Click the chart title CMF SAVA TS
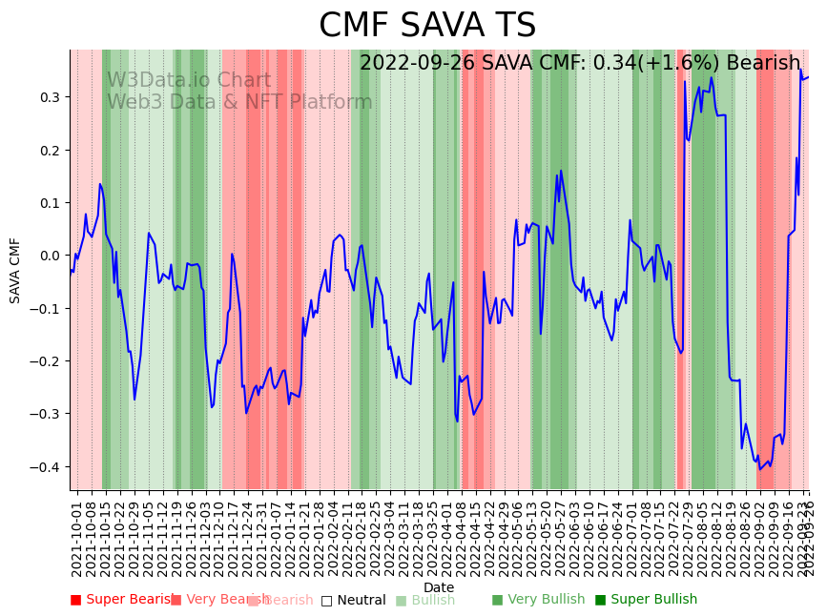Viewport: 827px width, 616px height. (427, 26)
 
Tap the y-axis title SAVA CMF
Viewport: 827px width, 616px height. (15, 271)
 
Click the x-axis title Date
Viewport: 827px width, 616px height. (439, 587)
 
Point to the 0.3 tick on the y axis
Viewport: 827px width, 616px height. (50, 97)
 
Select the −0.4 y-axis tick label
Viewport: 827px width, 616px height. (47, 466)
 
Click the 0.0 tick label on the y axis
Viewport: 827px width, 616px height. (50, 256)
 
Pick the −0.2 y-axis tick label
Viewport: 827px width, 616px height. (47, 361)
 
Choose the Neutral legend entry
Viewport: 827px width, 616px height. (353, 600)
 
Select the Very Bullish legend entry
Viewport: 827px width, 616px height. (538, 600)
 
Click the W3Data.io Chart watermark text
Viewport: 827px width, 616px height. (189, 81)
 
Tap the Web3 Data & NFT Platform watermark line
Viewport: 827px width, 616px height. (239, 102)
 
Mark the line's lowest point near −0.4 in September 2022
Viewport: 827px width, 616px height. (760, 469)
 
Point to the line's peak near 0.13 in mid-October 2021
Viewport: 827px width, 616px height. (99, 184)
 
